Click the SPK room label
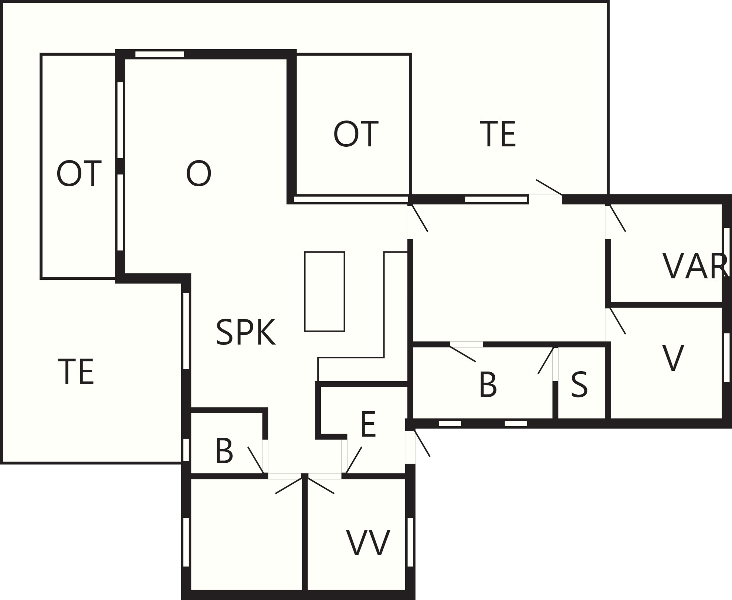click(x=245, y=332)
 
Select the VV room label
click(x=368, y=543)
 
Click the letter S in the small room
click(x=579, y=385)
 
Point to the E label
click(x=368, y=424)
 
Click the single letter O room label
click(x=199, y=174)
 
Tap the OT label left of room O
click(x=79, y=174)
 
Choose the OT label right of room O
click(x=356, y=134)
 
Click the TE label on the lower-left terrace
click(x=76, y=372)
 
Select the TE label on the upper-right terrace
click(x=498, y=134)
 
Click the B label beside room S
click(x=488, y=385)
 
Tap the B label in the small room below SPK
click(x=224, y=451)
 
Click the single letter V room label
click(x=673, y=358)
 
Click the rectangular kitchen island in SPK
click(x=325, y=291)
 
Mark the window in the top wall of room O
click(x=160, y=54)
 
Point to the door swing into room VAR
click(x=618, y=218)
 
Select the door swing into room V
click(x=618, y=321)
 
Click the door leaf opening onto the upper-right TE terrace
click(x=549, y=187)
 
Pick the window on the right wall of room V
click(x=727, y=357)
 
